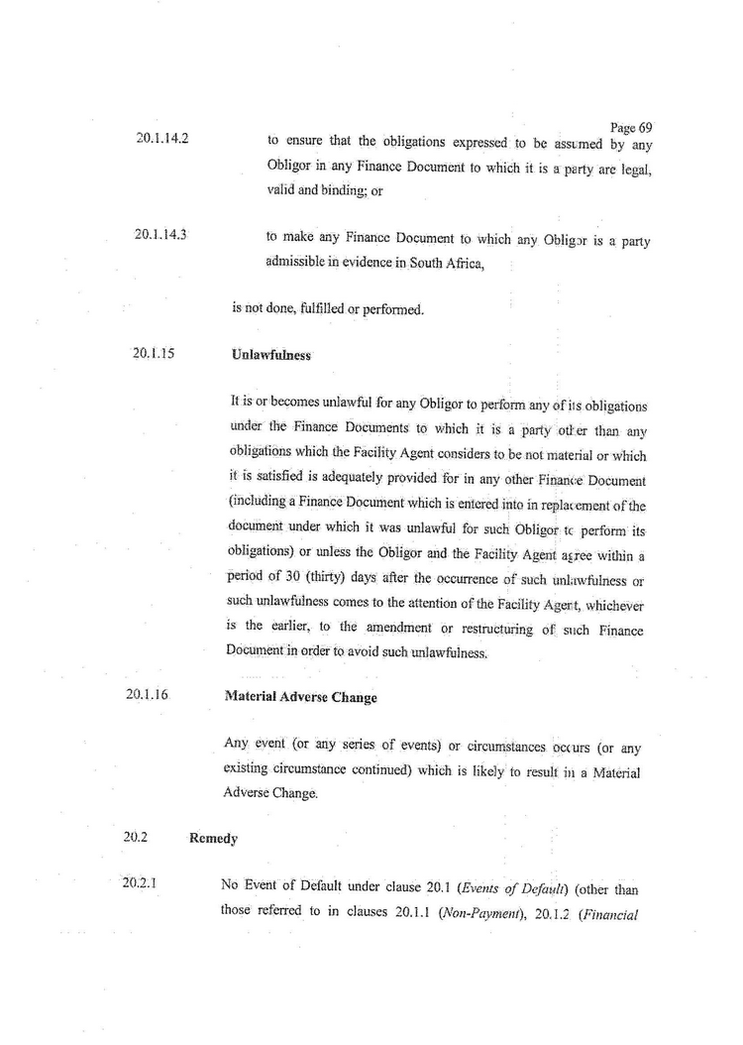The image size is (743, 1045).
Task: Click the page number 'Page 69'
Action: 631,128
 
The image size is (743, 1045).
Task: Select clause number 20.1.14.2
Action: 162,139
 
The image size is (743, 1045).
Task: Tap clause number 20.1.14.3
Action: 162,235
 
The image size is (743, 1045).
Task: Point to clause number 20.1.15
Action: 155,352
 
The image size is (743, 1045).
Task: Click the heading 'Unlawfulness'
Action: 270,354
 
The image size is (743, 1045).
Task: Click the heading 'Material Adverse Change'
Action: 300,697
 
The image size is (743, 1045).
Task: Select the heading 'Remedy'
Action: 213,839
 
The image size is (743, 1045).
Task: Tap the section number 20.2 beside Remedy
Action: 136,837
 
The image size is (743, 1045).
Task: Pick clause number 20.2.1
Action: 142,881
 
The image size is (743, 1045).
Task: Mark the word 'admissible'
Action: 300,262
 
